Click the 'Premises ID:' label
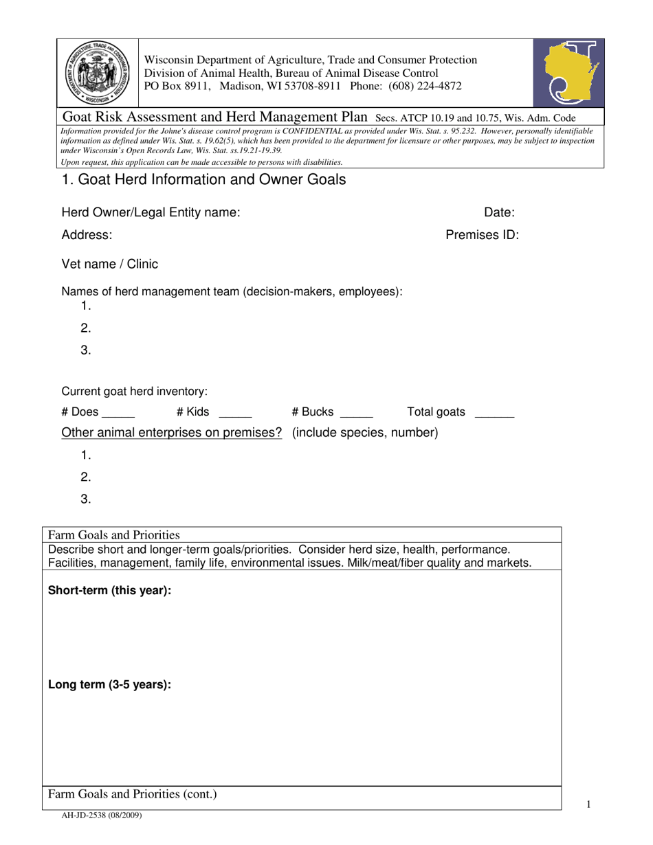click(x=482, y=235)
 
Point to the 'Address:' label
click(x=87, y=235)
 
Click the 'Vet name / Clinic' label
click(x=109, y=264)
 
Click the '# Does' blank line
click(x=118, y=416)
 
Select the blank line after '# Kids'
click(x=235, y=416)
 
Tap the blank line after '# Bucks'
click(x=356, y=416)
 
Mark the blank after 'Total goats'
click(x=494, y=416)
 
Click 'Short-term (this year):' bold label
click(x=109, y=591)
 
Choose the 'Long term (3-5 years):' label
click(x=109, y=685)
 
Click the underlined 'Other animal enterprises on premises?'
click(x=172, y=433)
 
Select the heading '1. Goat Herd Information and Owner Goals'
click(x=203, y=180)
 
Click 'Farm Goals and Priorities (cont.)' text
click(x=132, y=795)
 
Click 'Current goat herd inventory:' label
click(x=135, y=391)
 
